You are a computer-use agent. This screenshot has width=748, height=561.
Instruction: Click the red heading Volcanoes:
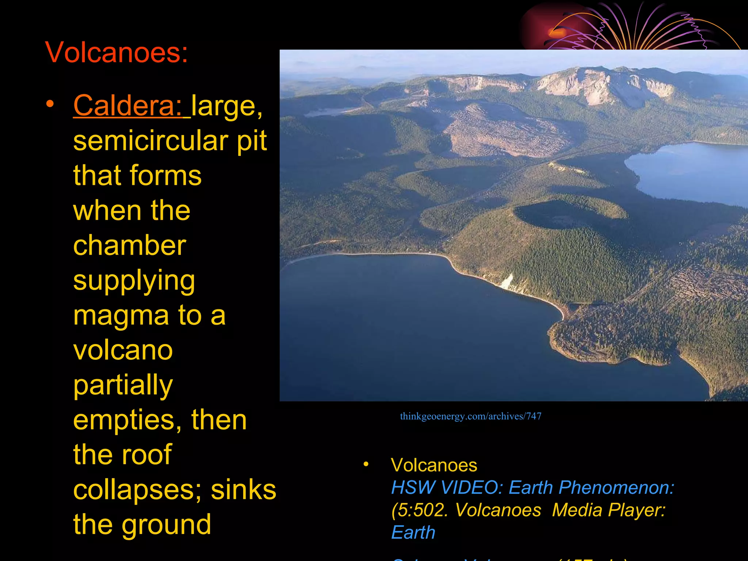coord(116,53)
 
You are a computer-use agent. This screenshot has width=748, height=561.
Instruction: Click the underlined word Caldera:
coord(128,106)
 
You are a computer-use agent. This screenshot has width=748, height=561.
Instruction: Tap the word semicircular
coord(150,141)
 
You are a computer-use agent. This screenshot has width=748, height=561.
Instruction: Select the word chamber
coord(130,245)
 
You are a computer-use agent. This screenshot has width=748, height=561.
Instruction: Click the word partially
coord(123,386)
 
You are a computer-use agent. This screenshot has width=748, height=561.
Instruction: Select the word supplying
coord(134,280)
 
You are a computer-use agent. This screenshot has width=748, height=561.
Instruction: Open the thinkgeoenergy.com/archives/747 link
coord(470,416)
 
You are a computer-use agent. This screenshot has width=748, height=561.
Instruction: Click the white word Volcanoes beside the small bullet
coord(434,465)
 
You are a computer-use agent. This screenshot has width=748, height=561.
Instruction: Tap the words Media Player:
coord(608,510)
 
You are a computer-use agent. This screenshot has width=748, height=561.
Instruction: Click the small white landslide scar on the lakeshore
coord(507,282)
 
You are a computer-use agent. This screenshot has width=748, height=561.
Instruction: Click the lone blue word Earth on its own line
coord(413,533)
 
